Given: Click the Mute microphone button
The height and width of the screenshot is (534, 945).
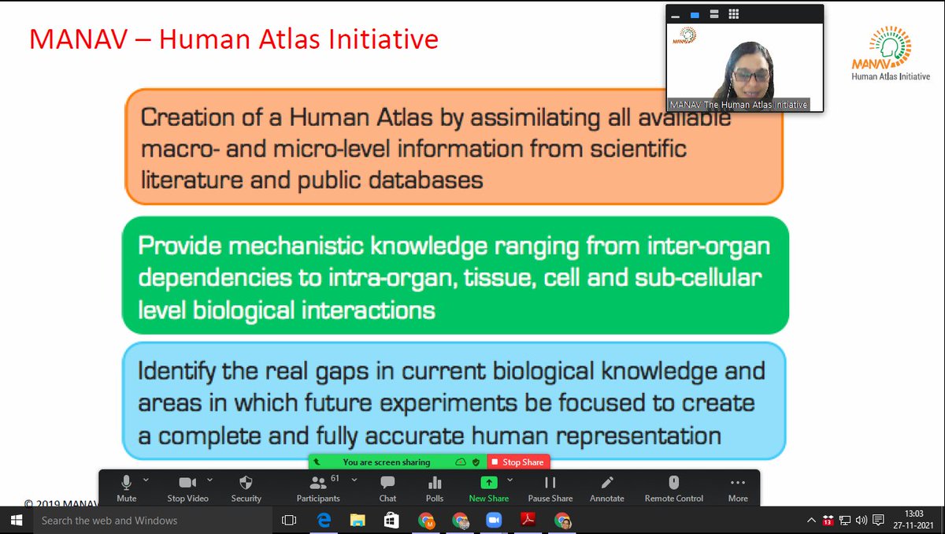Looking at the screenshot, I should (x=126, y=488).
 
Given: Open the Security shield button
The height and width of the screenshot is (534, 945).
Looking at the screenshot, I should (x=246, y=488).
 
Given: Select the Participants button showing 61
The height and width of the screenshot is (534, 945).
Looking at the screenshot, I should (x=318, y=488).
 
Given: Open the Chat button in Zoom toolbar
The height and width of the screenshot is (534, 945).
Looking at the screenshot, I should (x=387, y=488).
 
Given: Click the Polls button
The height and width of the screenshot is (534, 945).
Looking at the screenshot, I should (x=435, y=488).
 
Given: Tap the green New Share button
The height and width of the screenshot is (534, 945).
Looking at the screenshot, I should (x=488, y=488).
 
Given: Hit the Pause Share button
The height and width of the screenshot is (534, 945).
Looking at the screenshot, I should (x=550, y=488).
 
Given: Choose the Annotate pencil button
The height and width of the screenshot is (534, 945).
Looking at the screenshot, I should (x=606, y=488).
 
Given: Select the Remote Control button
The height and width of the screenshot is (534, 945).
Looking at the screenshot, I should (x=674, y=488).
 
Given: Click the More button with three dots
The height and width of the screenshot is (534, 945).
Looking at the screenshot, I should (x=738, y=488).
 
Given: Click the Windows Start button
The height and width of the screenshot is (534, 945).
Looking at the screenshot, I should (x=15, y=521).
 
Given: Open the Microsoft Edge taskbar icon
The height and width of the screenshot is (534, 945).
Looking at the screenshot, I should (x=323, y=521).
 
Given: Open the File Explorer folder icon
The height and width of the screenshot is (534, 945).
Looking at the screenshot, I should (x=358, y=521).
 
